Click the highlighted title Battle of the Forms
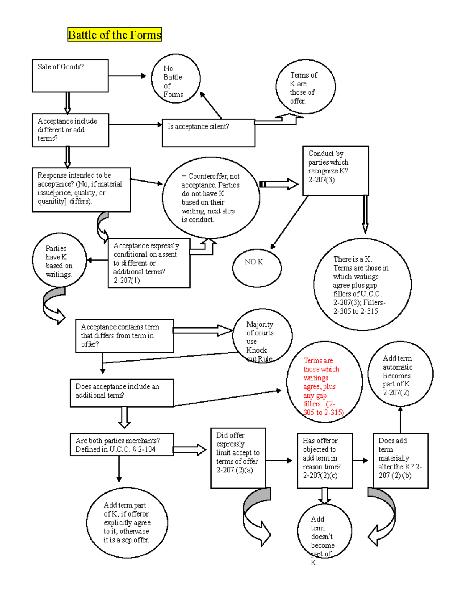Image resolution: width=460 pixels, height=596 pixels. point(114,35)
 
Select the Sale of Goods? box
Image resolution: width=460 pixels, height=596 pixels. point(70,76)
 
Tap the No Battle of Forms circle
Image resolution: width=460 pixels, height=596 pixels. point(176,79)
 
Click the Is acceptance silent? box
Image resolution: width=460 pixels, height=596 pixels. point(208,133)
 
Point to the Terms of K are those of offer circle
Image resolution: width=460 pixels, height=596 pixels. point(305,87)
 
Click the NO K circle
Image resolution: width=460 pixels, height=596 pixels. point(257,267)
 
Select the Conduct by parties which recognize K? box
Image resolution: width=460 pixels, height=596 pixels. point(335,171)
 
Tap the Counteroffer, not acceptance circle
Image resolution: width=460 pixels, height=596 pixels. point(211,198)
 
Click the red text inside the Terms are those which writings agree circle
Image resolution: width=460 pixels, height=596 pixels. point(321,386)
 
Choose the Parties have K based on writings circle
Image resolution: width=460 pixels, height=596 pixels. point(59,261)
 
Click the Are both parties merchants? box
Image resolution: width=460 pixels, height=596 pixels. point(122,445)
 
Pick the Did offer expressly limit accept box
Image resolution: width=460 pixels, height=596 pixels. point(238,457)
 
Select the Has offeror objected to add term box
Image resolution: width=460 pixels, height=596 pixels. point(324,460)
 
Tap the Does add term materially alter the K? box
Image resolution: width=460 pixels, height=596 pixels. point(400,460)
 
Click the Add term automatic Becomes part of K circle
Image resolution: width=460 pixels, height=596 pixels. point(400,374)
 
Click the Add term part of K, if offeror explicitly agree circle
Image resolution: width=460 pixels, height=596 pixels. point(127,522)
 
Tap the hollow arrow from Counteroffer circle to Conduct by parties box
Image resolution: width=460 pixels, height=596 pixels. point(279,184)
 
